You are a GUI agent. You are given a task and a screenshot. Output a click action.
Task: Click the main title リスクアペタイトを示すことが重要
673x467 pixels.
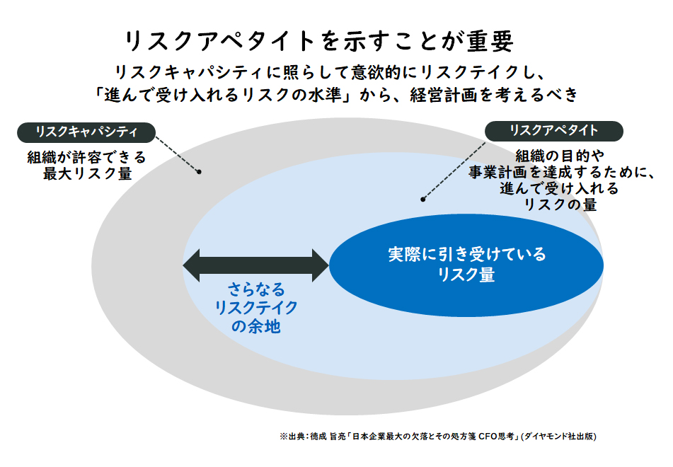[x=319, y=41]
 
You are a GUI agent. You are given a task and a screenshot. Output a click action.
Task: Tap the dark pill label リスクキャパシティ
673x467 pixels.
[x=86, y=132]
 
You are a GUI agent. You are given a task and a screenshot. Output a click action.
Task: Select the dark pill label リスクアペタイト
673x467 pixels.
[x=553, y=131]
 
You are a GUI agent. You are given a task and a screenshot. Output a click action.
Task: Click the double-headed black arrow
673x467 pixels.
[x=255, y=265]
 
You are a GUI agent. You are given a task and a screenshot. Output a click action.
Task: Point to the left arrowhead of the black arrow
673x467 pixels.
[x=192, y=265]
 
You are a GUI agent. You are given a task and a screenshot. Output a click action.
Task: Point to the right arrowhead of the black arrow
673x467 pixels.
[x=321, y=265]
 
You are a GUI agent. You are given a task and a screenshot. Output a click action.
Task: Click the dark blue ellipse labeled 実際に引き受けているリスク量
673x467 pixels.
[x=466, y=265]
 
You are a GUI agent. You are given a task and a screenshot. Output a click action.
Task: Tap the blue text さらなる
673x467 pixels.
[x=256, y=289]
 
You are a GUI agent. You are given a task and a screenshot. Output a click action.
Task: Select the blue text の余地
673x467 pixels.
[x=256, y=327]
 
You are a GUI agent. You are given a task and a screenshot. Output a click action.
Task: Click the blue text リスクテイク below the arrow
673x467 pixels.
[x=256, y=309]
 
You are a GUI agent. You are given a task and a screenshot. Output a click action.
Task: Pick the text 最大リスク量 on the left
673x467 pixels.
[x=87, y=173]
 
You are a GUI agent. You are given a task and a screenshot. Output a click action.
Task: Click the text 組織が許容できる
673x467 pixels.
[x=87, y=158]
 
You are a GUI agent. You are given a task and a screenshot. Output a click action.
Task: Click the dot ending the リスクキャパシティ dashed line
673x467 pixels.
[x=199, y=172]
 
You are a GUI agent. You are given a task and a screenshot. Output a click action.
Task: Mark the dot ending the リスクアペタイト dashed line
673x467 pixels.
[x=422, y=199]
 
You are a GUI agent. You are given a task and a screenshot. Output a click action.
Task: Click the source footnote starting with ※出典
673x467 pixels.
[x=438, y=437]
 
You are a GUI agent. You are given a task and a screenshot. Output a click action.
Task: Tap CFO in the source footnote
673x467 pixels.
[x=488, y=437]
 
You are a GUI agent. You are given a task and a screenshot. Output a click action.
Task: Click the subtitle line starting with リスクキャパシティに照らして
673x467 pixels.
[x=330, y=72]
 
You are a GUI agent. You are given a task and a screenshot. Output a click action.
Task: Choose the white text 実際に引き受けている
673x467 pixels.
[x=467, y=255]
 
